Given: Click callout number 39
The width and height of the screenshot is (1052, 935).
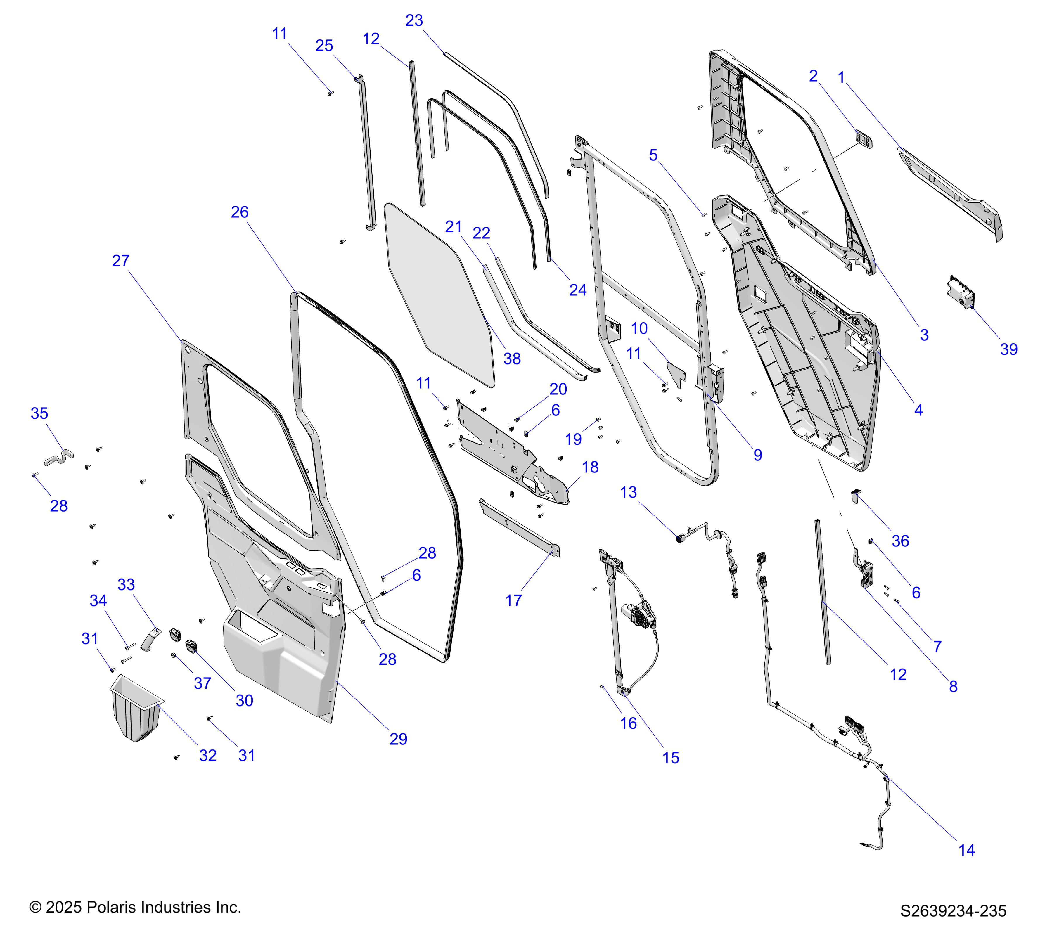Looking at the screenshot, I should coord(1009,349).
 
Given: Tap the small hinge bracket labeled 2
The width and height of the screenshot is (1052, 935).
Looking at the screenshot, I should coord(864,139).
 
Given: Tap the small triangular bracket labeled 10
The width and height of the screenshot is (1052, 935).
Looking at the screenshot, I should coord(676,374).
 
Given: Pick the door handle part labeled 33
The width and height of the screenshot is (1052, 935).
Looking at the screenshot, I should coord(150,638).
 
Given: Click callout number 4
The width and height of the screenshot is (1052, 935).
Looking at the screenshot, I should coord(918,410).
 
